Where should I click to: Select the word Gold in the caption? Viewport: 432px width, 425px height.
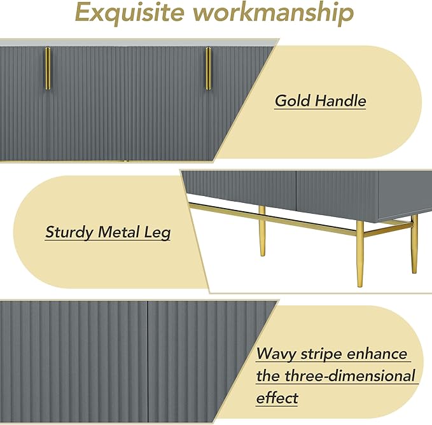point(293,101)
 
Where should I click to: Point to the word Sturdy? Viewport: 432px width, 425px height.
point(69,233)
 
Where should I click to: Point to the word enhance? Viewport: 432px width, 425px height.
point(384,354)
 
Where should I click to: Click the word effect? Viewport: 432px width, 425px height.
point(277,398)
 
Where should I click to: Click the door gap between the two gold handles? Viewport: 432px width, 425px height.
point(129,102)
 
